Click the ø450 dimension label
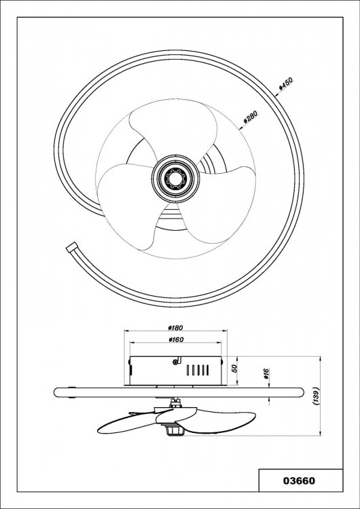tap(286, 83)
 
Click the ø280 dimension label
tap(251, 117)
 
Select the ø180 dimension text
tap(176, 328)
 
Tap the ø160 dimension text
tap(176, 339)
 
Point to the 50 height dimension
tap(235, 368)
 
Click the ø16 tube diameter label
tap(266, 374)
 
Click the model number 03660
tap(299, 480)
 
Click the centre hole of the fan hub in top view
tap(176, 178)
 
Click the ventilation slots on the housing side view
tap(198, 370)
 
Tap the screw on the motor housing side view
tap(176, 361)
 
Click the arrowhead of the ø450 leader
tap(276, 95)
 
